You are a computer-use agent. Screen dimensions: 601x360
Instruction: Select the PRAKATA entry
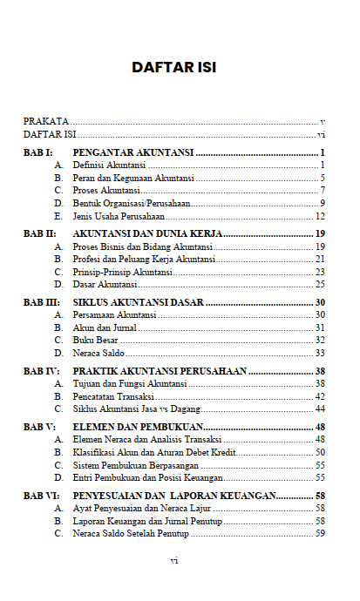click(x=45, y=121)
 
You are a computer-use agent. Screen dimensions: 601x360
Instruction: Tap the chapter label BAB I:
click(x=39, y=152)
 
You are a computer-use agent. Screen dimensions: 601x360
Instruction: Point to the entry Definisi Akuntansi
click(x=109, y=165)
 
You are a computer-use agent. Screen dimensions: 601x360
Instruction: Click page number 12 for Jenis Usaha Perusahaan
click(x=320, y=215)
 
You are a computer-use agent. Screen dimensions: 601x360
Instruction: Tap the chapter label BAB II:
click(x=40, y=234)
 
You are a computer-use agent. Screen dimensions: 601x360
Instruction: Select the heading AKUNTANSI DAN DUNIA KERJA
click(x=148, y=234)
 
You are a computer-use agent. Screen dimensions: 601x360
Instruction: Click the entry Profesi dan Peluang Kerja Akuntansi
click(x=144, y=259)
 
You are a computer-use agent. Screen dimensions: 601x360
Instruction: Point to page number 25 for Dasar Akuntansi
click(x=320, y=284)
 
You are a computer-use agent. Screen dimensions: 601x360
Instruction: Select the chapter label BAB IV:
click(x=41, y=371)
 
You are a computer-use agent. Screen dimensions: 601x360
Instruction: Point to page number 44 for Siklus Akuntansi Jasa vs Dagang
click(x=320, y=409)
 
